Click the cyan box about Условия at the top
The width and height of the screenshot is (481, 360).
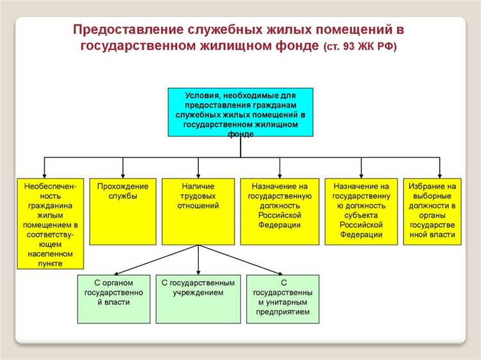point(240,112)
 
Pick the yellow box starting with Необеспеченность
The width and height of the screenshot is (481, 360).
point(51,222)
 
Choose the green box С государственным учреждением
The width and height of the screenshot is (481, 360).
point(198,298)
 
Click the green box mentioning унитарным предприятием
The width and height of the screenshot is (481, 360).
point(283,298)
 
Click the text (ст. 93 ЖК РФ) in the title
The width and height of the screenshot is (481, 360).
point(360,47)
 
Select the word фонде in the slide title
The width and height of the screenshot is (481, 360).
point(298,46)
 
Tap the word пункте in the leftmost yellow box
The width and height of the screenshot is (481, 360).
point(51,263)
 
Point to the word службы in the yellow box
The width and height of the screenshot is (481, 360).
point(122,196)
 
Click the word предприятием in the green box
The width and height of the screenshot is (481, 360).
point(283,312)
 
